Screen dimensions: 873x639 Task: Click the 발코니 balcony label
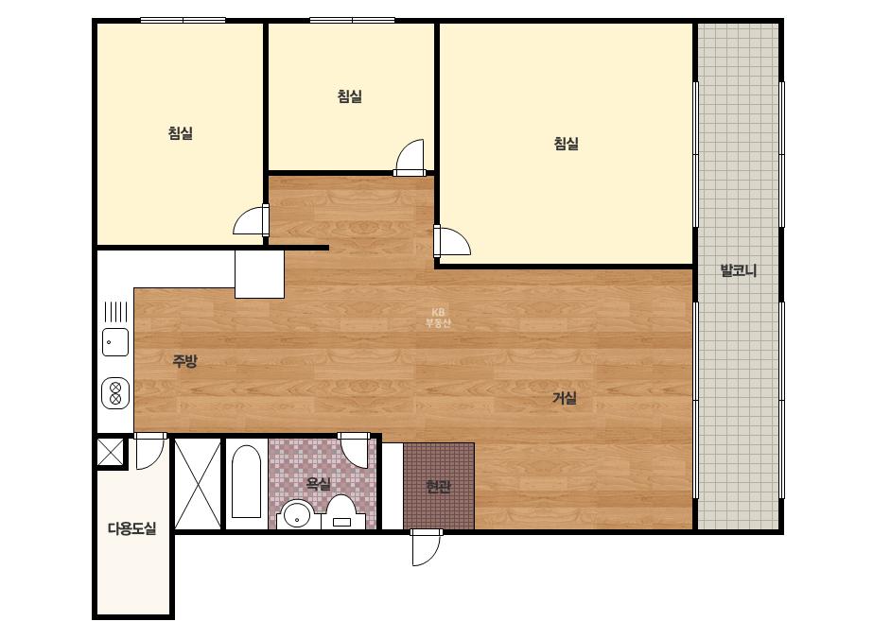tap(739, 271)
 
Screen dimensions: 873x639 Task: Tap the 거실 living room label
tap(565, 398)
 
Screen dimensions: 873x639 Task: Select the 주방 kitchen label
tap(184, 361)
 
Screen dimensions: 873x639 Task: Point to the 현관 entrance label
tap(438, 487)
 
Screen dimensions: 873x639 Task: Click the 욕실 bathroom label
tap(319, 483)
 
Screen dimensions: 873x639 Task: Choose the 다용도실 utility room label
tap(132, 528)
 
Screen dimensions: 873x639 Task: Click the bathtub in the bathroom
tap(246, 482)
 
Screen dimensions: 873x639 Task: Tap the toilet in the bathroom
tap(340, 512)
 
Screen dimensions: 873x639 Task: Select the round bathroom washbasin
tap(297, 515)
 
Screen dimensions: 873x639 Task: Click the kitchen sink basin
tap(115, 342)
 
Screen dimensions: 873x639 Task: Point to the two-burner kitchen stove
tap(115, 393)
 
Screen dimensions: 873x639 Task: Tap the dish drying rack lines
tap(115, 312)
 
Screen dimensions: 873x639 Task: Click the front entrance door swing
tap(426, 547)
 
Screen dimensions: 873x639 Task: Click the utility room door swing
tap(150, 451)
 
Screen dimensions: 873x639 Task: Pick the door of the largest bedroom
tap(452, 241)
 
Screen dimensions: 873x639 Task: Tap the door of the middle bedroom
tap(410, 158)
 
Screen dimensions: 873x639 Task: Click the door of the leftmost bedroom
tap(251, 220)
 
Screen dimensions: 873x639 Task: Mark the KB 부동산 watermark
tap(438, 318)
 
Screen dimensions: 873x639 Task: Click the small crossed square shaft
tap(111, 453)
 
